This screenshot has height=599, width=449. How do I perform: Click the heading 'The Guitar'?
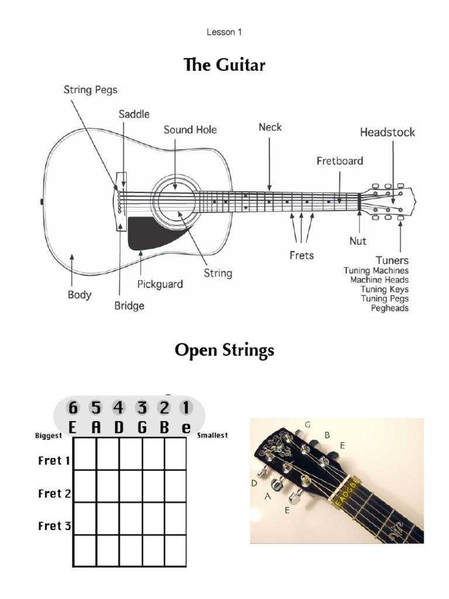coord(224,64)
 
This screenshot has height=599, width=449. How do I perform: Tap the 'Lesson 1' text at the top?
coord(224,32)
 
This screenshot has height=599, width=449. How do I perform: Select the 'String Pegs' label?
coord(91,90)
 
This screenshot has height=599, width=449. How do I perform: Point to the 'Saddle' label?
coord(134,113)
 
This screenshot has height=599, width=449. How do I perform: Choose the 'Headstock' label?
coord(387,132)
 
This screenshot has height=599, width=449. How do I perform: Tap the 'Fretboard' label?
coord(340,160)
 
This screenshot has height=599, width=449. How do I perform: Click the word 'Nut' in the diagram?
coord(358,240)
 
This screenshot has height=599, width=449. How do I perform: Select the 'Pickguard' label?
coord(160,284)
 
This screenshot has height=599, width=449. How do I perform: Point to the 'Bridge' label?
coord(130,305)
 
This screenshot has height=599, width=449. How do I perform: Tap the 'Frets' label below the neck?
coord(302,255)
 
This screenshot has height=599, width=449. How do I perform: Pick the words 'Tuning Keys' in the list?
coord(384,290)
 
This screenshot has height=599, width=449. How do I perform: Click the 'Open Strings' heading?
coord(224,350)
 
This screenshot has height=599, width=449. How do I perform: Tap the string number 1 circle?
coord(186,408)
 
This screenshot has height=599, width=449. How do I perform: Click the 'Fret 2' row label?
coord(54,493)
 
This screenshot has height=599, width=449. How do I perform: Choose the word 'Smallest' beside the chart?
coord(213,435)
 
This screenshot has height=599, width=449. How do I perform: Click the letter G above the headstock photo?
coord(308,424)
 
